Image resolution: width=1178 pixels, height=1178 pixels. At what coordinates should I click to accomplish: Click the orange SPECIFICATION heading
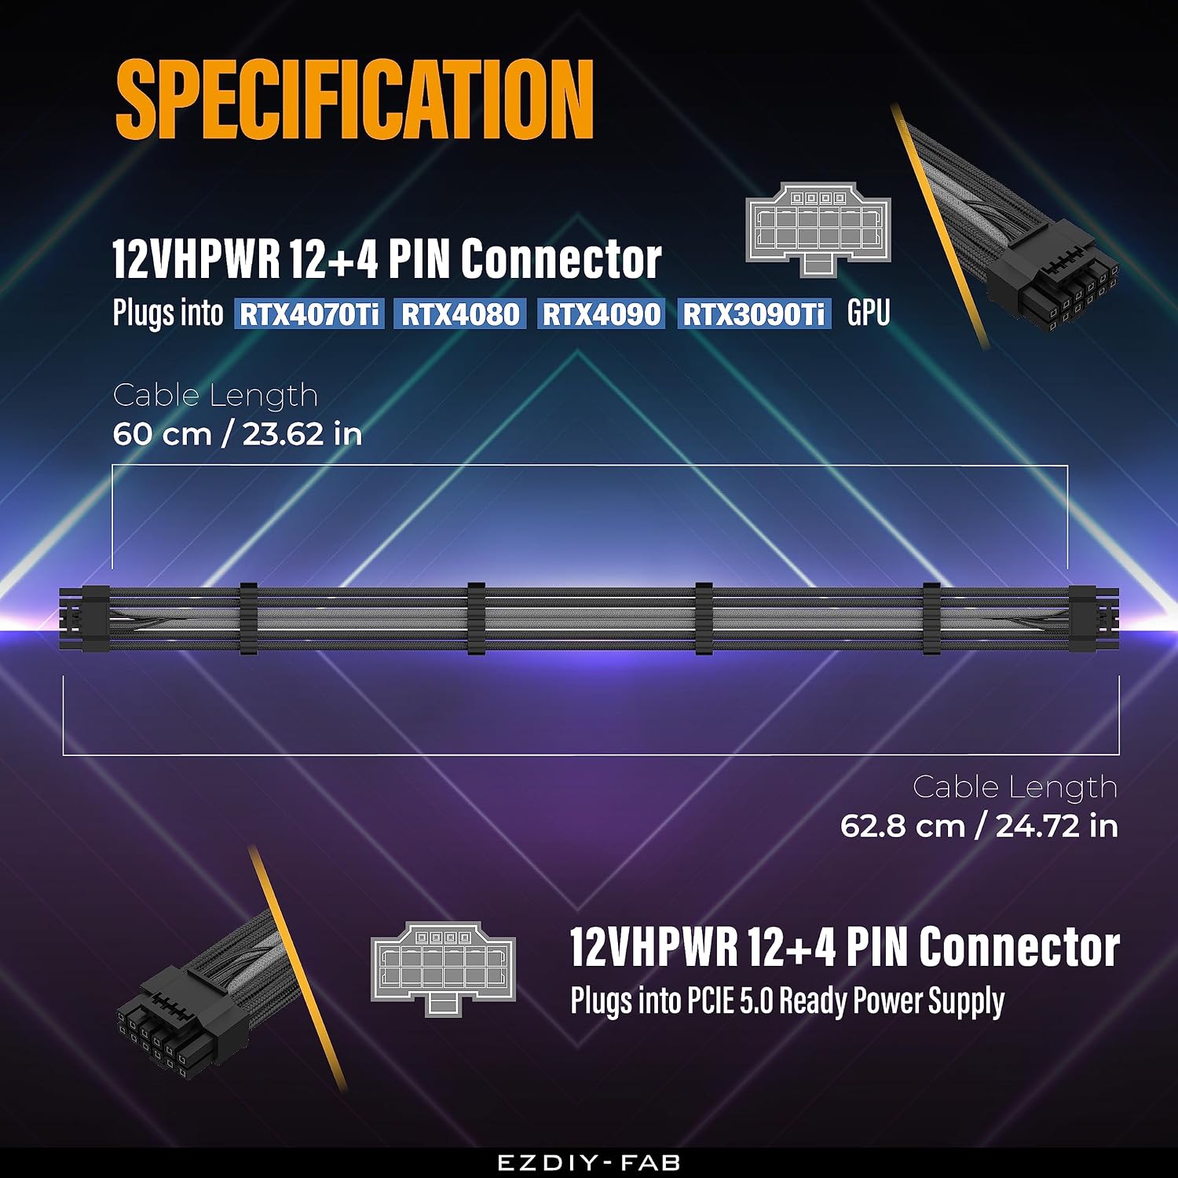pyautogui.click(x=354, y=100)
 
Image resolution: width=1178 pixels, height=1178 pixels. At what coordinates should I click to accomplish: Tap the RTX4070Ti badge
pyautogui.click(x=309, y=314)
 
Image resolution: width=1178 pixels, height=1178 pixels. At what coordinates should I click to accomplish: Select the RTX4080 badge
pyautogui.click(x=460, y=314)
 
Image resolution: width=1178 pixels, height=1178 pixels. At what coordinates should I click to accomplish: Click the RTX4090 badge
pyautogui.click(x=602, y=314)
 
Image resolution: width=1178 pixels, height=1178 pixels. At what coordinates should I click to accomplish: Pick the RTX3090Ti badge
pyautogui.click(x=754, y=314)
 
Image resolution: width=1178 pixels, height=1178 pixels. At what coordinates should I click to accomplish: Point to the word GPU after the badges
pyautogui.click(x=869, y=313)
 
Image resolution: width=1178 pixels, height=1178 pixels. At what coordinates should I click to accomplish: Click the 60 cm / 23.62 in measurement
pyautogui.click(x=237, y=434)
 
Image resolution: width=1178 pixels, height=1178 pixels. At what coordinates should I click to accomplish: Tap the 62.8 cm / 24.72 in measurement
pyautogui.click(x=979, y=826)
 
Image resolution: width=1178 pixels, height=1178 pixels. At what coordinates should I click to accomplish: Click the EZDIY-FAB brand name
pyautogui.click(x=589, y=1163)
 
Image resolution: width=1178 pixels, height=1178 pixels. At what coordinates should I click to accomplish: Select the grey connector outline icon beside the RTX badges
pyautogui.click(x=818, y=229)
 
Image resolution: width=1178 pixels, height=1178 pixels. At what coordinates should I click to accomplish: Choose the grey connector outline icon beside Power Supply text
pyautogui.click(x=443, y=969)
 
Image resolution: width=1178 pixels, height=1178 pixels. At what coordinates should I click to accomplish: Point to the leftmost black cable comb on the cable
pyautogui.click(x=248, y=619)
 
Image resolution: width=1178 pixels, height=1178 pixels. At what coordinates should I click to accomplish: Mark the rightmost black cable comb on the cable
pyautogui.click(x=931, y=619)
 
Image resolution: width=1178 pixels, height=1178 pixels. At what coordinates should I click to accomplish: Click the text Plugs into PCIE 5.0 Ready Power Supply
pyautogui.click(x=787, y=1001)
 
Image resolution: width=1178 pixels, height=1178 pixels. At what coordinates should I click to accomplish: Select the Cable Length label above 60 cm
pyautogui.click(x=215, y=396)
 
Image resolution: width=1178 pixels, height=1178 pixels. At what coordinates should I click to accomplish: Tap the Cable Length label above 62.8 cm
pyautogui.click(x=1015, y=788)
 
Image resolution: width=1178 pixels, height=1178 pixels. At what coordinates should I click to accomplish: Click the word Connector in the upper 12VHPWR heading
pyautogui.click(x=561, y=258)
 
